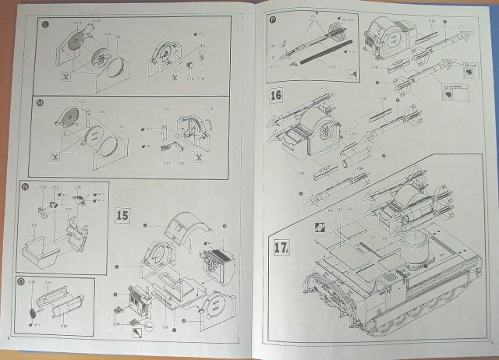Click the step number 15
click(x=122, y=216)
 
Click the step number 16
click(x=275, y=97)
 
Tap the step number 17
click(x=282, y=249)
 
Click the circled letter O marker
click(x=24, y=281)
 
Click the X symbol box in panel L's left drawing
click(x=66, y=78)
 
